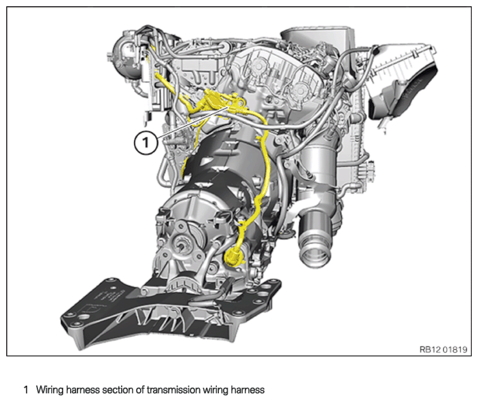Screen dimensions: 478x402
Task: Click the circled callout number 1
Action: tap(146, 142)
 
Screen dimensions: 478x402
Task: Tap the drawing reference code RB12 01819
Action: tap(443, 349)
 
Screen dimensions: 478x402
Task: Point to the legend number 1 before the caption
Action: tap(27, 390)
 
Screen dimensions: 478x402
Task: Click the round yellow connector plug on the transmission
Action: tap(233, 256)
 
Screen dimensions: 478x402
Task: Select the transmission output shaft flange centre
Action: tap(182, 246)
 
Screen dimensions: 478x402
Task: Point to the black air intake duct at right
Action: tap(403, 88)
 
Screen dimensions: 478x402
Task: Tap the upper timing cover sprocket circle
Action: tap(258, 65)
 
